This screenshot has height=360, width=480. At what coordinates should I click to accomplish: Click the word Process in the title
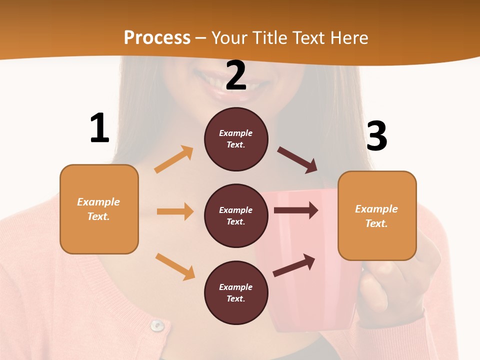(x=157, y=37)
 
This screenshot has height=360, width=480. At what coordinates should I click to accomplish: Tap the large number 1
(x=99, y=128)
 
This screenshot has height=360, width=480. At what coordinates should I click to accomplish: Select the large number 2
(x=236, y=75)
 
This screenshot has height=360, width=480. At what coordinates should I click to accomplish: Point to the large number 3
(x=376, y=136)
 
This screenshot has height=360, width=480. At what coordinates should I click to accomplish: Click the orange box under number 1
(x=99, y=209)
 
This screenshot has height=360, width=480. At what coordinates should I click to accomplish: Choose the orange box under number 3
(x=377, y=215)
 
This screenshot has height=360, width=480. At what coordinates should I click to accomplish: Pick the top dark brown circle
(x=236, y=139)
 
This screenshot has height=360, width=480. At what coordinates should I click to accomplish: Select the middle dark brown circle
(x=236, y=215)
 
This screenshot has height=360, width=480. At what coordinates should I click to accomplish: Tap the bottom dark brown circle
(x=236, y=292)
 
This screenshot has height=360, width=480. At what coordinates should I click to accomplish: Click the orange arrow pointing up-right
(x=174, y=159)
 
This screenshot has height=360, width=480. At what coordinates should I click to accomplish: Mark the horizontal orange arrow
(x=175, y=211)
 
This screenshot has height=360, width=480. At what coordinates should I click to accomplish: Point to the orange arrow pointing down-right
(x=175, y=266)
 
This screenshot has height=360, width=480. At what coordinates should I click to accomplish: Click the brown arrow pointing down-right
(x=297, y=160)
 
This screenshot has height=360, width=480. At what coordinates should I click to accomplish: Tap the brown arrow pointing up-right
(x=294, y=265)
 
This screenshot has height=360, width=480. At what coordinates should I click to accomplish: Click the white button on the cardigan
(x=157, y=326)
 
